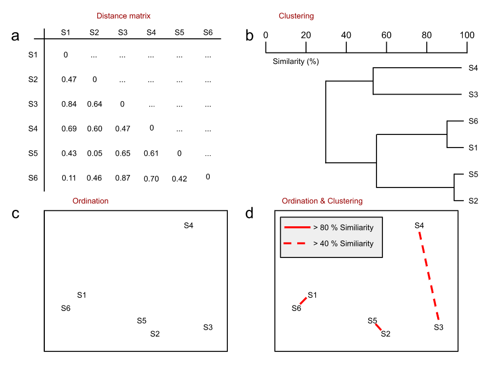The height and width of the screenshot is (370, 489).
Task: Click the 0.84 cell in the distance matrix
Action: [x=68, y=104]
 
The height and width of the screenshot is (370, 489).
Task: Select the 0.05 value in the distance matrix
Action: [x=95, y=154]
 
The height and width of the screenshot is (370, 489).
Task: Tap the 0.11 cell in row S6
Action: [x=68, y=178]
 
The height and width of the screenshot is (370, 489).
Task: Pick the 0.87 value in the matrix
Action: [x=123, y=178]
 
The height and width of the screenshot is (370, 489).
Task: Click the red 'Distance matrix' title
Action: [x=123, y=16]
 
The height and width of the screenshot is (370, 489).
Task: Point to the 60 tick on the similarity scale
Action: [x=386, y=35]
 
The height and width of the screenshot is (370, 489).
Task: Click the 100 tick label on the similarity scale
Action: [x=467, y=35]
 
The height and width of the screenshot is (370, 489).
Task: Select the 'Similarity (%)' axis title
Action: [x=296, y=61]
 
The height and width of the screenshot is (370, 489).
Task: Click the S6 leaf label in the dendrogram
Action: [x=473, y=121]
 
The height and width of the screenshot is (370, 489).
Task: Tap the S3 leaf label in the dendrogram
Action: [x=473, y=95]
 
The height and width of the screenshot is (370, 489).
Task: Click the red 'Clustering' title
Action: [x=296, y=16]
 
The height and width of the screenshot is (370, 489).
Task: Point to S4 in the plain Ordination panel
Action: [x=188, y=225]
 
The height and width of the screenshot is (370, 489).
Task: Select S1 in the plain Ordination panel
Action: [x=82, y=295]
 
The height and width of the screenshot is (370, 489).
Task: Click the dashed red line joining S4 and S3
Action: [x=429, y=276]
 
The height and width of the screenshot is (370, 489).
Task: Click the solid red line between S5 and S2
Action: [x=378, y=327]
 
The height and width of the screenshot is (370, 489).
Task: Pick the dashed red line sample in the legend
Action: [x=296, y=244]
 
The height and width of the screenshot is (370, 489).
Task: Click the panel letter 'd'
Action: [x=250, y=213]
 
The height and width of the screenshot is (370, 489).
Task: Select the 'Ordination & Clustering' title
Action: [x=322, y=201]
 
